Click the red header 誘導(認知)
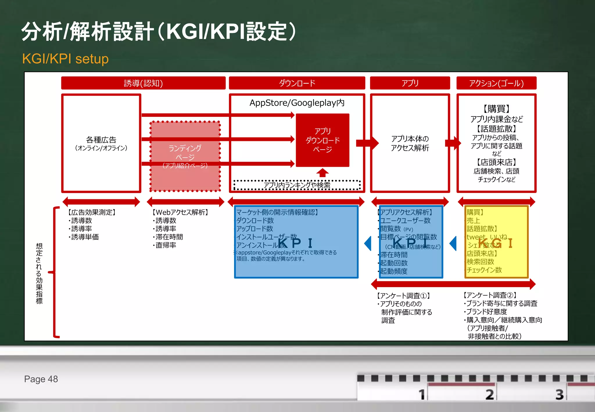pyautogui.click(x=143, y=83)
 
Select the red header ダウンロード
pyautogui.click(x=297, y=83)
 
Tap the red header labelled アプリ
pyautogui.click(x=410, y=83)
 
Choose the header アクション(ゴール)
pyautogui.click(x=496, y=83)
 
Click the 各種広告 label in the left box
pyautogui.click(x=101, y=140)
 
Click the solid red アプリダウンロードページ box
pyautogui.click(x=322, y=140)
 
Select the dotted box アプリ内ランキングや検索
pyautogui.click(x=297, y=185)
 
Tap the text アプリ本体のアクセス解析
pyautogui.click(x=410, y=143)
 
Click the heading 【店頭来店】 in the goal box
pyautogui.click(x=496, y=162)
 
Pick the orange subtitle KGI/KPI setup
pyautogui.click(x=65, y=59)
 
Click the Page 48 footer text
pyautogui.click(x=41, y=379)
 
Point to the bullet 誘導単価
pyautogui.click(x=85, y=237)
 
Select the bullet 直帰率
pyautogui.click(x=165, y=245)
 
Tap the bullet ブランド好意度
pyautogui.click(x=486, y=312)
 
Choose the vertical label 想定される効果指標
pyautogui.click(x=39, y=273)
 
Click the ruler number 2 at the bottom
pyautogui.click(x=490, y=395)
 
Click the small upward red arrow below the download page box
pyautogui.click(x=322, y=173)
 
